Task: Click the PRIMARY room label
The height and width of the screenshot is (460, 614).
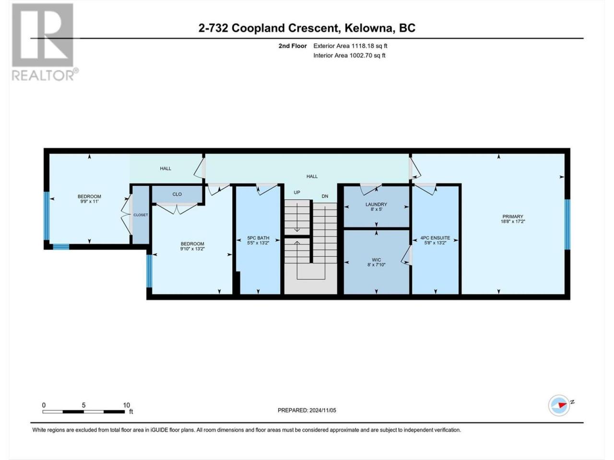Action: coord(512,217)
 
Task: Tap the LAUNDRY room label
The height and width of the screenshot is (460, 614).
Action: coord(376,205)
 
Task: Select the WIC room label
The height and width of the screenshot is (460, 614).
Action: coord(376,260)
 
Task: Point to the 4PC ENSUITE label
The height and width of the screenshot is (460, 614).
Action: coord(435,238)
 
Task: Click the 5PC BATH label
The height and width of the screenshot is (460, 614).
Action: coord(258,238)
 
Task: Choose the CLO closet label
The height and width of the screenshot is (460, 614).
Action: coord(177,194)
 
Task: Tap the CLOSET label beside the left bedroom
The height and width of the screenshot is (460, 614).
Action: coord(141,215)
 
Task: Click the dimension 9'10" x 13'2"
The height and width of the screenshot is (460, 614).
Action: coord(192,249)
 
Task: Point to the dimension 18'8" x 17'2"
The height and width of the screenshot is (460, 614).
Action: coord(513,221)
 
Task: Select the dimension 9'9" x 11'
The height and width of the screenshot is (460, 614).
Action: coord(89,201)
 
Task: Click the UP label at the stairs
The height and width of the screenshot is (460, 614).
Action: coord(297,193)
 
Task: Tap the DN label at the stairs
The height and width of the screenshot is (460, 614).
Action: coord(325,196)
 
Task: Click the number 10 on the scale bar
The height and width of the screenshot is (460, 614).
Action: coord(127,405)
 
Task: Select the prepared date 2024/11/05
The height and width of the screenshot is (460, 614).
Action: coord(322,410)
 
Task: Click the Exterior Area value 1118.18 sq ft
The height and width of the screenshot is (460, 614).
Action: coord(369,46)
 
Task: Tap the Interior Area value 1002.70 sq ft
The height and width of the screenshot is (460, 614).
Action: coord(367,55)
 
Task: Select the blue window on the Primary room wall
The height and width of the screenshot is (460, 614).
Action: coord(567,224)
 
